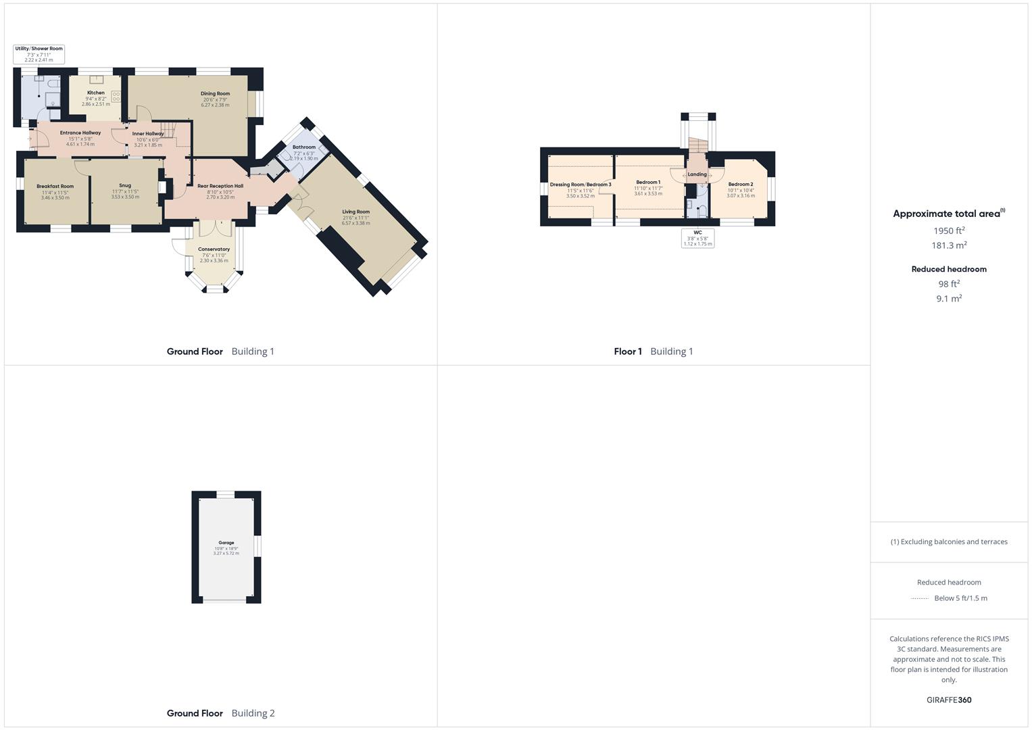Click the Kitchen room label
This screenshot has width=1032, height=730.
(96, 93)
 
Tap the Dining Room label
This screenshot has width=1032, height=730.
(215, 94)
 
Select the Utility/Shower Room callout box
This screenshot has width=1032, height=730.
(39, 54)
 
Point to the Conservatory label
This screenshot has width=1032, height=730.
(214, 249)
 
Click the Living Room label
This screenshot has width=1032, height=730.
(355, 212)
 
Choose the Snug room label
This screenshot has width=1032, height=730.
(125, 185)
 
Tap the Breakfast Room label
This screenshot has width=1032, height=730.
(55, 186)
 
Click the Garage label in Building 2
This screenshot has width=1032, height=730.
(226, 543)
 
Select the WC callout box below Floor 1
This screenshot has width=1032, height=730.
(697, 238)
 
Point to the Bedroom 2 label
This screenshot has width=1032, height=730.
(741, 184)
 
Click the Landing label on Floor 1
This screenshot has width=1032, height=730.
(697, 174)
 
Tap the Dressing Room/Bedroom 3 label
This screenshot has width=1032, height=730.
(581, 185)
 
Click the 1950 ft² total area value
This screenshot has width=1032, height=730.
(949, 230)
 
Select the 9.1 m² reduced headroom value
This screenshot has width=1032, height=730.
(949, 298)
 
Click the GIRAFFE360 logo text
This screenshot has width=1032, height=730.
(949, 700)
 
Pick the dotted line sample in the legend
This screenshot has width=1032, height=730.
(920, 598)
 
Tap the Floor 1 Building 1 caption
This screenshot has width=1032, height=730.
(654, 351)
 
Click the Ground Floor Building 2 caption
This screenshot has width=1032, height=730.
(220, 713)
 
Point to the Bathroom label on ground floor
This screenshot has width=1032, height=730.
(304, 147)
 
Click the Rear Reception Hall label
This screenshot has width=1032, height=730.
(220, 186)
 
